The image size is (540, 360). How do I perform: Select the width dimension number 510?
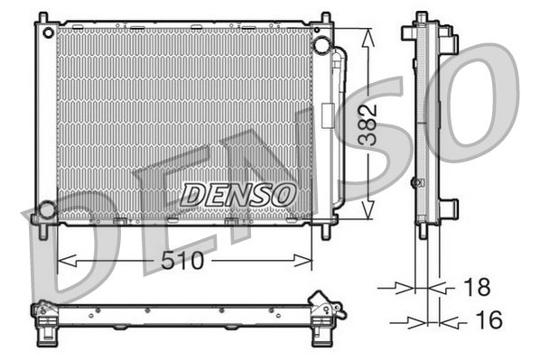pyautogui.click(x=183, y=262)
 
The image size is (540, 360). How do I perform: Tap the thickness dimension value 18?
pyautogui.click(x=475, y=288)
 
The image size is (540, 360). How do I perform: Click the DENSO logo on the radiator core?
pyautogui.click(x=238, y=193)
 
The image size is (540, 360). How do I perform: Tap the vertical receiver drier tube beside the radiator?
pyautogui.click(x=339, y=126)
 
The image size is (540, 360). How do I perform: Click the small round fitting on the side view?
pyautogui.click(x=415, y=182)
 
